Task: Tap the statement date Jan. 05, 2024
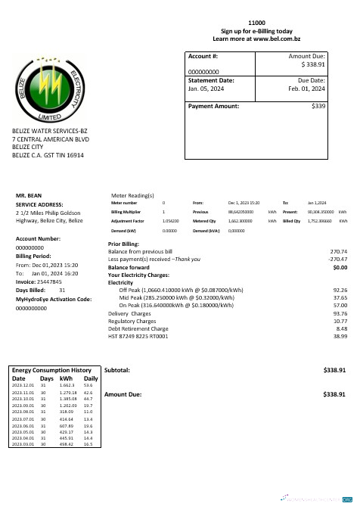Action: point(208,89)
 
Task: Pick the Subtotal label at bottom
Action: point(117,370)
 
